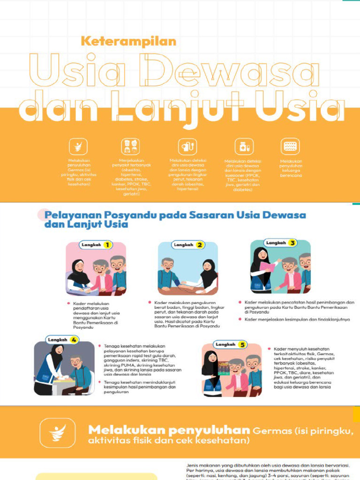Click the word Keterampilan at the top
click(128, 41)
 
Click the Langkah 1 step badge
click(97, 245)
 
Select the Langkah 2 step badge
click(188, 245)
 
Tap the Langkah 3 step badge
click(281, 243)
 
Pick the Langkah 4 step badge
click(63, 339)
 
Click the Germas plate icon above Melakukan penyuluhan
click(78, 147)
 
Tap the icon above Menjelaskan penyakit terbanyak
click(130, 147)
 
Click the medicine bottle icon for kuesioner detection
click(243, 147)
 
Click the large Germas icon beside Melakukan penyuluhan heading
click(57, 433)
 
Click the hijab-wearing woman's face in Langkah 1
click(79, 267)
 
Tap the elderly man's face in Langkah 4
click(75, 362)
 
